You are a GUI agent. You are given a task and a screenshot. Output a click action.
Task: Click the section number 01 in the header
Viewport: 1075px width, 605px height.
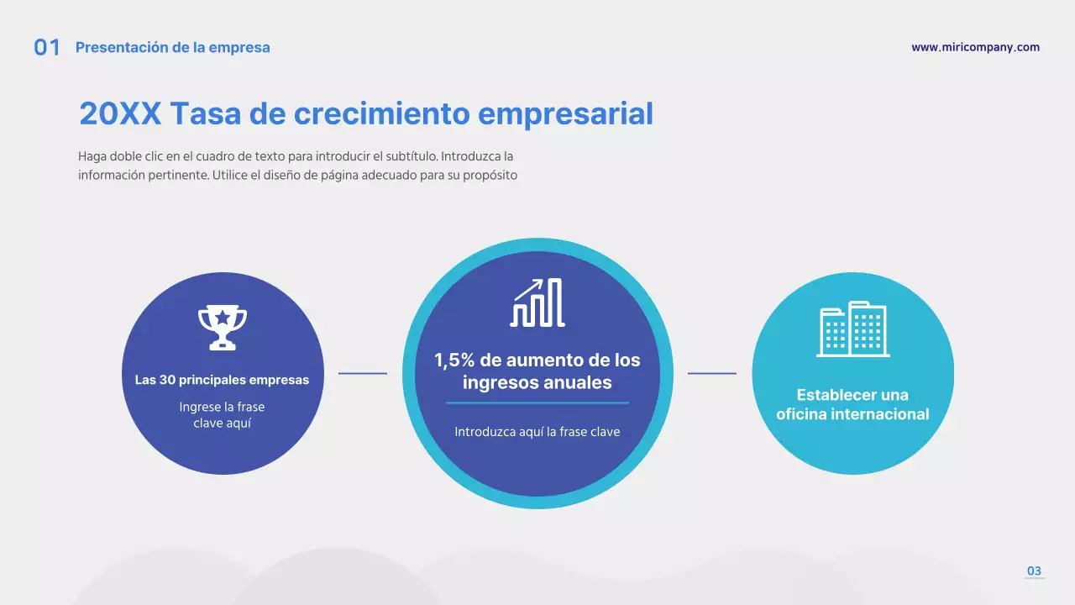(47, 48)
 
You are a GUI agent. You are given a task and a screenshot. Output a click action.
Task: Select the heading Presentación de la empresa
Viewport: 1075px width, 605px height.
(173, 48)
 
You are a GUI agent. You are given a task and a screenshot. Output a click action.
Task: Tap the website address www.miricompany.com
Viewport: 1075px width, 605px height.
(975, 48)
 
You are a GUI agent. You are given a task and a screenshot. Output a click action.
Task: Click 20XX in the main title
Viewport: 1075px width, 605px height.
(120, 113)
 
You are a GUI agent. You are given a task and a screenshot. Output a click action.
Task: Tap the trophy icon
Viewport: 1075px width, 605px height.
(223, 327)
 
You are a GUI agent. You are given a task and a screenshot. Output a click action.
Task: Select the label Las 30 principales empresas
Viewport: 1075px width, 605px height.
(222, 380)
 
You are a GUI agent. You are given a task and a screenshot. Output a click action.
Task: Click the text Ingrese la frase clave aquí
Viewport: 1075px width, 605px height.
(222, 415)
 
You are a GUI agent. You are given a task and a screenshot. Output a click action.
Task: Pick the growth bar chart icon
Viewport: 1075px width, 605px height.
(537, 302)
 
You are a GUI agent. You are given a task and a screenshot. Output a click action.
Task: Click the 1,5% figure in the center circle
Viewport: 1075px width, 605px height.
(455, 360)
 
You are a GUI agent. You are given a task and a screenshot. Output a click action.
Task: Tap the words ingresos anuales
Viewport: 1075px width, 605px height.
(537, 383)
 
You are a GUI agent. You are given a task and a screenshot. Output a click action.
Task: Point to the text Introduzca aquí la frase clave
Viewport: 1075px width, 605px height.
(537, 432)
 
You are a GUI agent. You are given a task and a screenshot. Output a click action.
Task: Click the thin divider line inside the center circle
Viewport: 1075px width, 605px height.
(537, 403)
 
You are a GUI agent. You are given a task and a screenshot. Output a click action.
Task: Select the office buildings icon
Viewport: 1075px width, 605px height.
(852, 329)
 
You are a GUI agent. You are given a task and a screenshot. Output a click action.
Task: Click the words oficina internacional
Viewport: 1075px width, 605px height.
(852, 414)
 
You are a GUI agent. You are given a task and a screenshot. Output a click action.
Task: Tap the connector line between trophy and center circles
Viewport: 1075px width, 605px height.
(363, 373)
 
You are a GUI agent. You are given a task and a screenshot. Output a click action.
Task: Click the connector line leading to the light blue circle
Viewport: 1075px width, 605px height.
(712, 373)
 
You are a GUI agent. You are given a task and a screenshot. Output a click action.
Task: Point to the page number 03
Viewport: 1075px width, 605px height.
(1034, 571)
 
